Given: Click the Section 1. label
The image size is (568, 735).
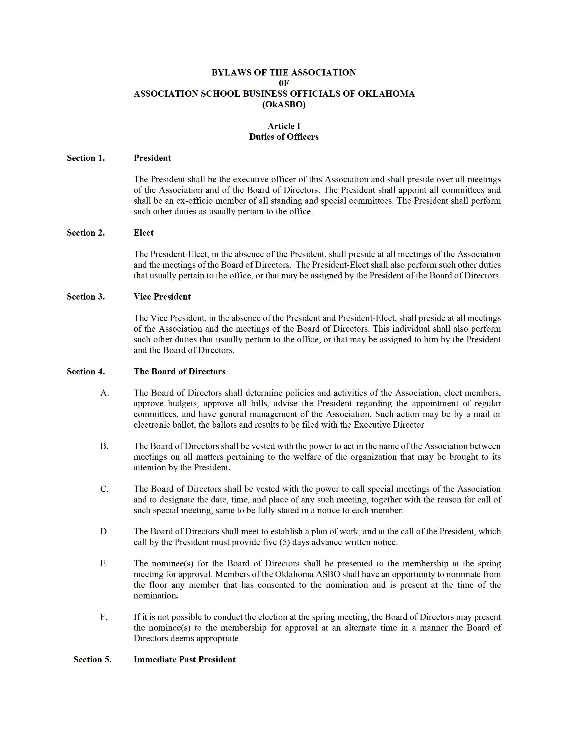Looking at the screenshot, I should pyautogui.click(x=86, y=158).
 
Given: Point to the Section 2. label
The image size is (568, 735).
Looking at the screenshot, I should pyautogui.click(x=86, y=233).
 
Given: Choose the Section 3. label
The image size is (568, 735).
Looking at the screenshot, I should pyautogui.click(x=86, y=297).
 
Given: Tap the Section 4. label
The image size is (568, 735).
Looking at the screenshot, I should pyautogui.click(x=86, y=372).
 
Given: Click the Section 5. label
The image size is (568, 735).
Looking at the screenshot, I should pyautogui.click(x=92, y=659).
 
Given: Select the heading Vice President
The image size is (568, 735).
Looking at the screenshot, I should pyautogui.click(x=162, y=297).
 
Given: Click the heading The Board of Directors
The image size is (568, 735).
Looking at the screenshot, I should pyautogui.click(x=179, y=372).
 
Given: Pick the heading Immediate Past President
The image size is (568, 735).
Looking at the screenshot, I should pyautogui.click(x=184, y=659).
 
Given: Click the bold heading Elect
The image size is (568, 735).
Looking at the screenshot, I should pyautogui.click(x=143, y=233).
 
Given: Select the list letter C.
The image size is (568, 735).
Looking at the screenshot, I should pyautogui.click(x=104, y=489).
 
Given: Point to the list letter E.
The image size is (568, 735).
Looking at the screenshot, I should pyautogui.click(x=104, y=564).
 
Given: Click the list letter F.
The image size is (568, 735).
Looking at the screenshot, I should pyautogui.click(x=104, y=617).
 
